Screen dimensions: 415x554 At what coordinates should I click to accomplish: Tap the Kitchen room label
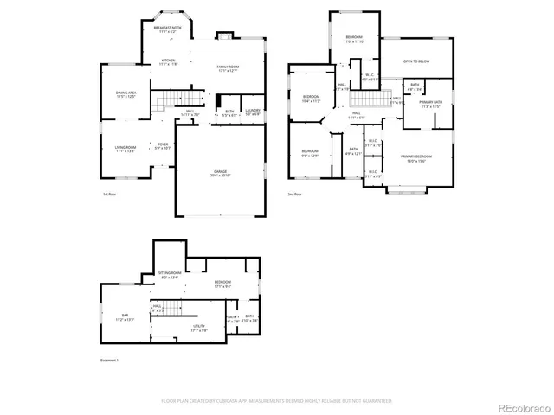[168, 61]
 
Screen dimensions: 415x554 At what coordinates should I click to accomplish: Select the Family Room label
[228, 68]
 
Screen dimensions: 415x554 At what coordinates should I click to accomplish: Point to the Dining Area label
[126, 94]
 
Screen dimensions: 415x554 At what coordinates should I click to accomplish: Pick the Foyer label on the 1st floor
[162, 146]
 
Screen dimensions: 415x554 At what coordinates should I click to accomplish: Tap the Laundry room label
[252, 112]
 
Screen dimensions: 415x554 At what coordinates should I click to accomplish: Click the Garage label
[219, 172]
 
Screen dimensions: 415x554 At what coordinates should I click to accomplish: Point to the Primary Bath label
[430, 105]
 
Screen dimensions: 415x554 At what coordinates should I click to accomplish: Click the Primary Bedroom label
[416, 158]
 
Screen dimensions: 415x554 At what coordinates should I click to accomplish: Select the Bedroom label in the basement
[222, 284]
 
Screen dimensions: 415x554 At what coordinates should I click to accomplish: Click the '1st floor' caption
[109, 195]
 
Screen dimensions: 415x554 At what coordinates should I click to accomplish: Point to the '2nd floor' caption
[294, 195]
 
